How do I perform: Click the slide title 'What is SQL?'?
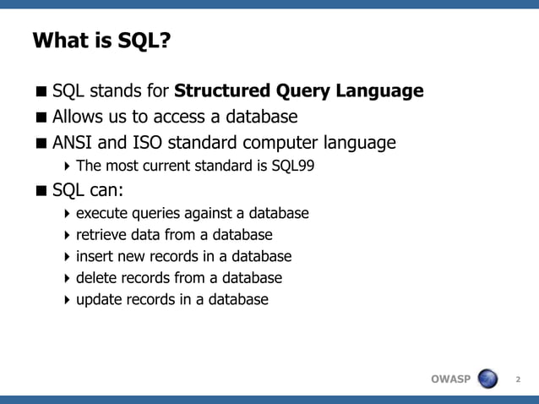pos(101,41)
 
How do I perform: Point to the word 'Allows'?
pos(79,116)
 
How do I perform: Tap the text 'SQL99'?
pos(292,166)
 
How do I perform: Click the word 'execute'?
pos(101,213)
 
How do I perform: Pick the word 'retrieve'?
pos(102,235)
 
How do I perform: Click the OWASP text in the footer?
pos(450,379)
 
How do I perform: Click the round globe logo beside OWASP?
pos(488,379)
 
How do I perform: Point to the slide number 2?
pos(518,379)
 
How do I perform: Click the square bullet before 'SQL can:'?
pos(41,190)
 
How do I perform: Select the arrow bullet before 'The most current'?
pos(67,166)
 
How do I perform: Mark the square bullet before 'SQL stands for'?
pos(41,91)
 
